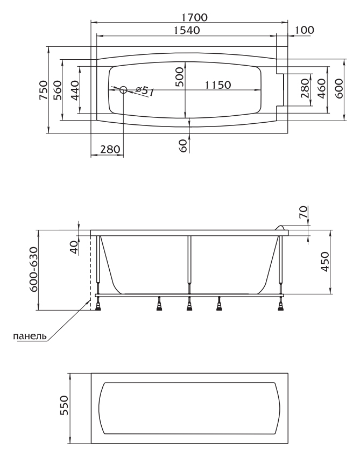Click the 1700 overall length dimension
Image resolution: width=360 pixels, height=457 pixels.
click(195, 17)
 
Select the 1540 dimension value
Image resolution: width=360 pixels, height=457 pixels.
click(186, 30)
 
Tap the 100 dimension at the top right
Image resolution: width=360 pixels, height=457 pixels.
click(305, 30)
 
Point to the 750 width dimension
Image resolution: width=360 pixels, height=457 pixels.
click(43, 90)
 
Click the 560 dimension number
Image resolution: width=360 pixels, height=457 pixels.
click(58, 90)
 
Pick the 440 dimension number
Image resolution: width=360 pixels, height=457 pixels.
click(75, 90)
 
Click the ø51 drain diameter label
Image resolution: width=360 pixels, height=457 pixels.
click(145, 91)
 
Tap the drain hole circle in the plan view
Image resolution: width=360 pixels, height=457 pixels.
click(123, 90)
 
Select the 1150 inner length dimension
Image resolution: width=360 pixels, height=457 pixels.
click(218, 85)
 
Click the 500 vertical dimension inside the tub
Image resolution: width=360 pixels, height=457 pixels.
click(180, 77)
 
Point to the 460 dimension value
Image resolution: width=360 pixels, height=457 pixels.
click(321, 88)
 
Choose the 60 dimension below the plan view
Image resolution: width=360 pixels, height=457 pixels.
click(183, 145)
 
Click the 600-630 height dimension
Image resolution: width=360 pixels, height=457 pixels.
click(34, 269)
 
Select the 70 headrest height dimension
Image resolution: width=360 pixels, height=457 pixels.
click(303, 212)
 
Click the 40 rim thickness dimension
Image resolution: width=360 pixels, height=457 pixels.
click(74, 248)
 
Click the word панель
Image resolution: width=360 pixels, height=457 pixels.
click(30, 336)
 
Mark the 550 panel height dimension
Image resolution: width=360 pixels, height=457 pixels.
click(63, 405)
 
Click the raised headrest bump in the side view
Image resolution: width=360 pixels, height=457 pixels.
click(280, 228)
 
